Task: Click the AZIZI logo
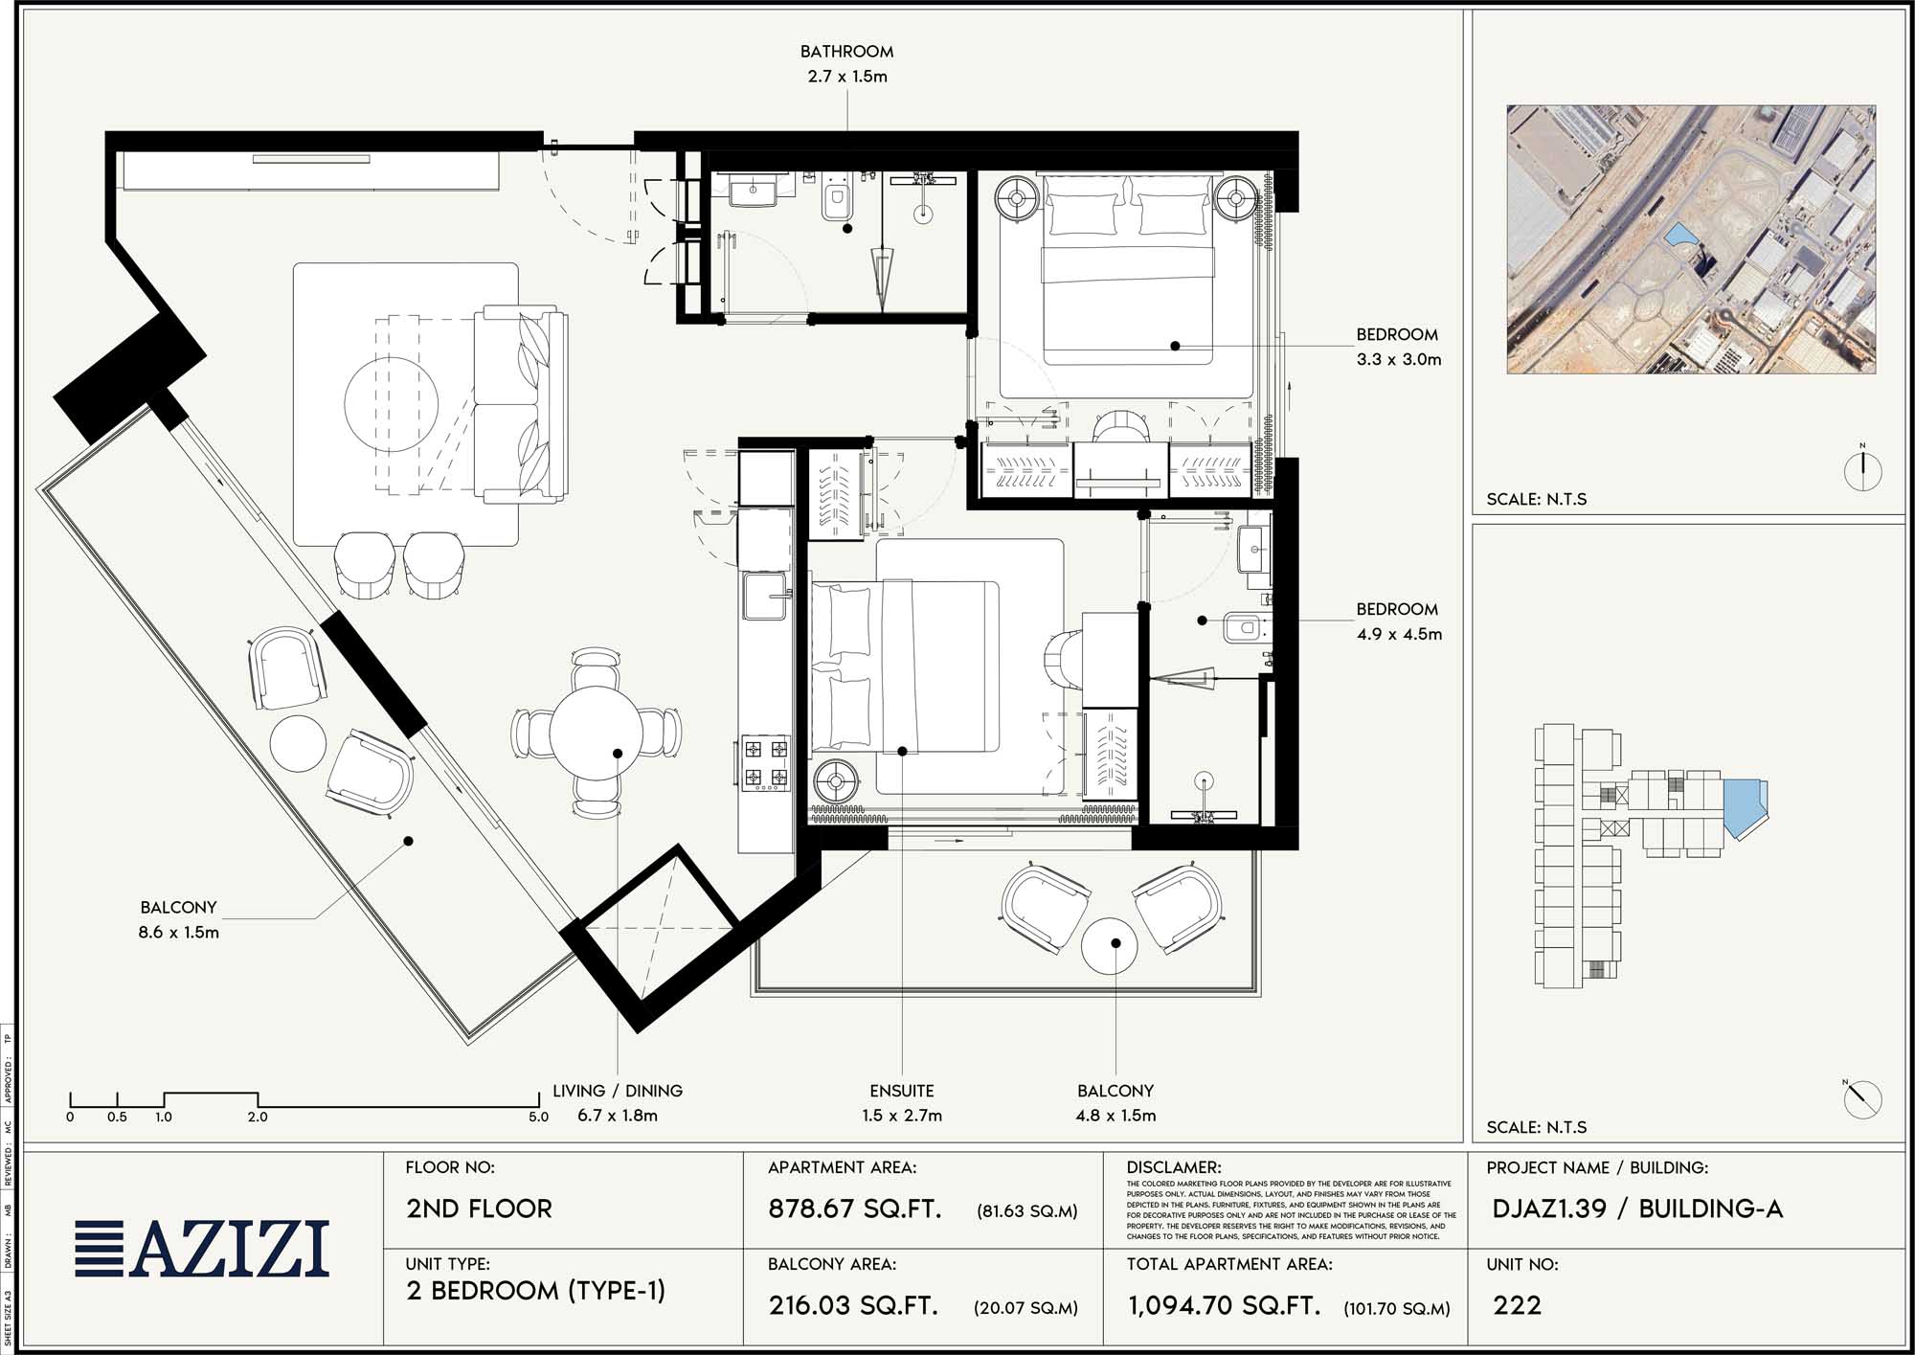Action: click(203, 1249)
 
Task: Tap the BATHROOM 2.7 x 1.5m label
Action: click(847, 64)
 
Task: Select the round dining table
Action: click(597, 733)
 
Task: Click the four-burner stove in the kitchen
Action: click(766, 763)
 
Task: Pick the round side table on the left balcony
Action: click(298, 743)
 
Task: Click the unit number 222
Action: click(1517, 1305)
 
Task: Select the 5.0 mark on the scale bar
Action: click(538, 1117)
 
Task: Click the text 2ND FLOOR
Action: click(479, 1208)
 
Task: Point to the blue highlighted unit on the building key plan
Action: click(1743, 806)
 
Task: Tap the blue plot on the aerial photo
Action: click(1678, 235)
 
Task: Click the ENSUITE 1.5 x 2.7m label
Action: click(901, 1102)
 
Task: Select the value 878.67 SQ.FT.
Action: click(854, 1208)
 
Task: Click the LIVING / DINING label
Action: click(617, 1091)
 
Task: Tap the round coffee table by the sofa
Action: click(391, 404)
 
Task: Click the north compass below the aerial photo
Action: click(1862, 469)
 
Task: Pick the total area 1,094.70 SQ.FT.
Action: click(1224, 1305)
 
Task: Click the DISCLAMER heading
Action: click(1173, 1167)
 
